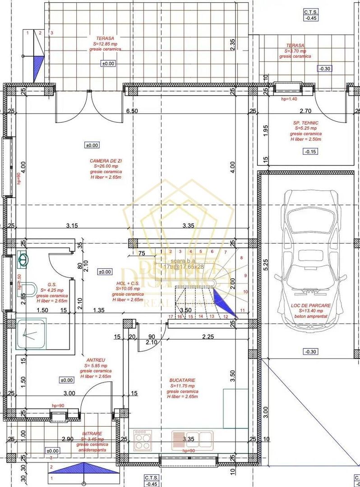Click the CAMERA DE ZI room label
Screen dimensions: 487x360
[x=106, y=161]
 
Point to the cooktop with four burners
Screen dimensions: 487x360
[x=143, y=440]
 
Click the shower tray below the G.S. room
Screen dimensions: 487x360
[x=31, y=334]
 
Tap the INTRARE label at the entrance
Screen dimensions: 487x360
[x=92, y=433]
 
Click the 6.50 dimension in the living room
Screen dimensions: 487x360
[x=131, y=111]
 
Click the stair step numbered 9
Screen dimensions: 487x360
[x=245, y=275]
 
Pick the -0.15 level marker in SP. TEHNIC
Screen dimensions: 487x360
[x=310, y=152]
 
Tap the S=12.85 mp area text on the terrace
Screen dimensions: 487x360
[x=105, y=44]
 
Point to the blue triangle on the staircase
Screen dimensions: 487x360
[x=224, y=303]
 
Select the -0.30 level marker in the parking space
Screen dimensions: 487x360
[x=310, y=351]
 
